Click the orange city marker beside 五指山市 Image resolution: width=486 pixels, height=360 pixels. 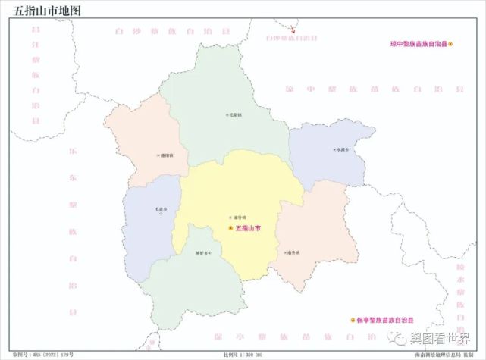click(x=230, y=227)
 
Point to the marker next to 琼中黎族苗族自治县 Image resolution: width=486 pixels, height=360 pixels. click(x=450, y=45)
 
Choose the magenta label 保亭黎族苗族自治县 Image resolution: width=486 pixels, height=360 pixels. click(x=386, y=321)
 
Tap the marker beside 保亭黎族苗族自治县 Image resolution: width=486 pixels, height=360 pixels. click(x=353, y=321)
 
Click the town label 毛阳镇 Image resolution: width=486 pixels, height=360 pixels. click(x=234, y=115)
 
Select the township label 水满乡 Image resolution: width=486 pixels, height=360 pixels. click(x=343, y=149)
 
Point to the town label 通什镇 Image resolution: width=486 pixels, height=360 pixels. click(x=240, y=217)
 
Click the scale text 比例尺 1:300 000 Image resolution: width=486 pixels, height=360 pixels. click(x=243, y=354)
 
